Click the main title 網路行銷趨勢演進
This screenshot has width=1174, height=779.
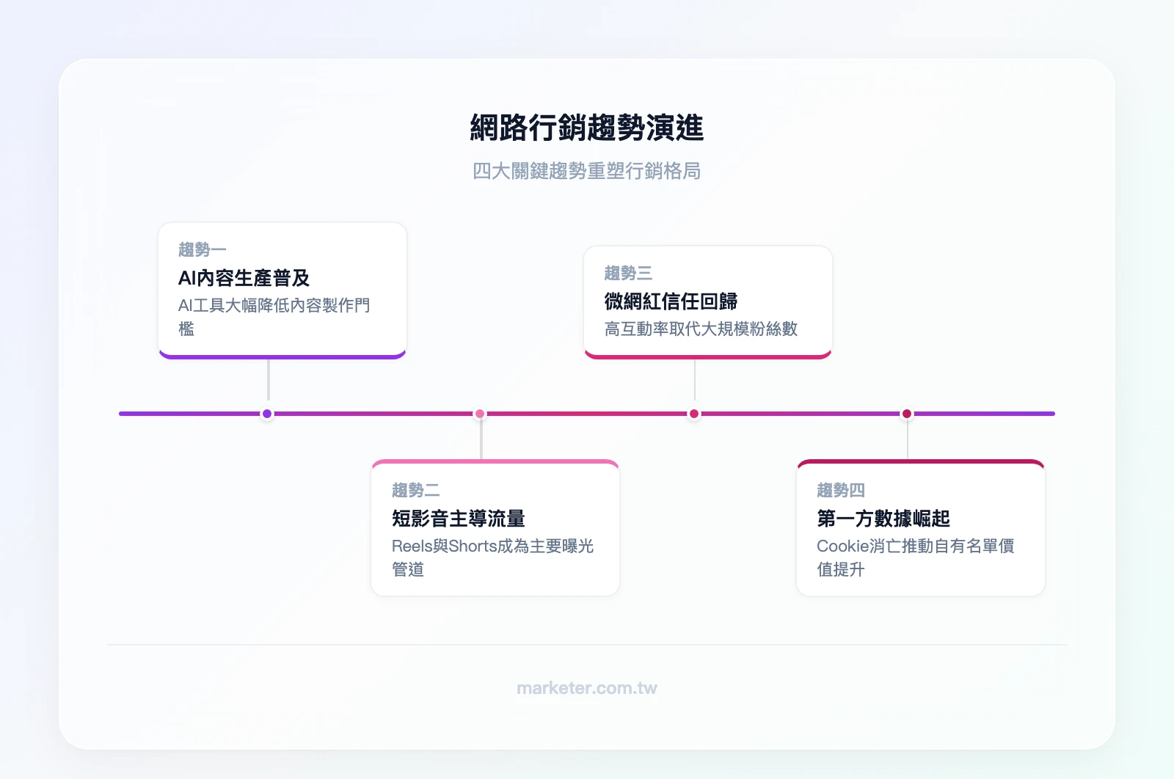tap(586, 128)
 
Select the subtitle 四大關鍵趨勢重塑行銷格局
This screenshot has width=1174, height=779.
tap(586, 171)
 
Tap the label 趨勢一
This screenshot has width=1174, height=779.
tap(202, 250)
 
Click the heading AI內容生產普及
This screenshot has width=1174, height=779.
tap(244, 278)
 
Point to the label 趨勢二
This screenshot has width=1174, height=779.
tap(415, 490)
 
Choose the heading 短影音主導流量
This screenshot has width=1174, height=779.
tap(458, 519)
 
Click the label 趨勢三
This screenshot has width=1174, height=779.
tap(628, 274)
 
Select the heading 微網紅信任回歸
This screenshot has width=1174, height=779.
tap(671, 301)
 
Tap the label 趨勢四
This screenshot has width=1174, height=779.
tap(841, 490)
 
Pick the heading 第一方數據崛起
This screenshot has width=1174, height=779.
tap(883, 519)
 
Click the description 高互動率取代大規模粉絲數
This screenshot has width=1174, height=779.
tap(701, 329)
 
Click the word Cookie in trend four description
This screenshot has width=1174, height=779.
tap(842, 546)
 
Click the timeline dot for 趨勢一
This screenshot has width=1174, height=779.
tap(267, 414)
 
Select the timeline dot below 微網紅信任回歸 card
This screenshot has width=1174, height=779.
tap(693, 414)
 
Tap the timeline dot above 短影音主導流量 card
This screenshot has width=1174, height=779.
tap(480, 414)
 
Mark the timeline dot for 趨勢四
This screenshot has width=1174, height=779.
tap(907, 414)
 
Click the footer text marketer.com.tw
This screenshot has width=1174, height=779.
tap(586, 688)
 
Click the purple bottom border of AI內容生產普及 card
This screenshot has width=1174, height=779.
tap(282, 356)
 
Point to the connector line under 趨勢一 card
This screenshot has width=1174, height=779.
tap(269, 379)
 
